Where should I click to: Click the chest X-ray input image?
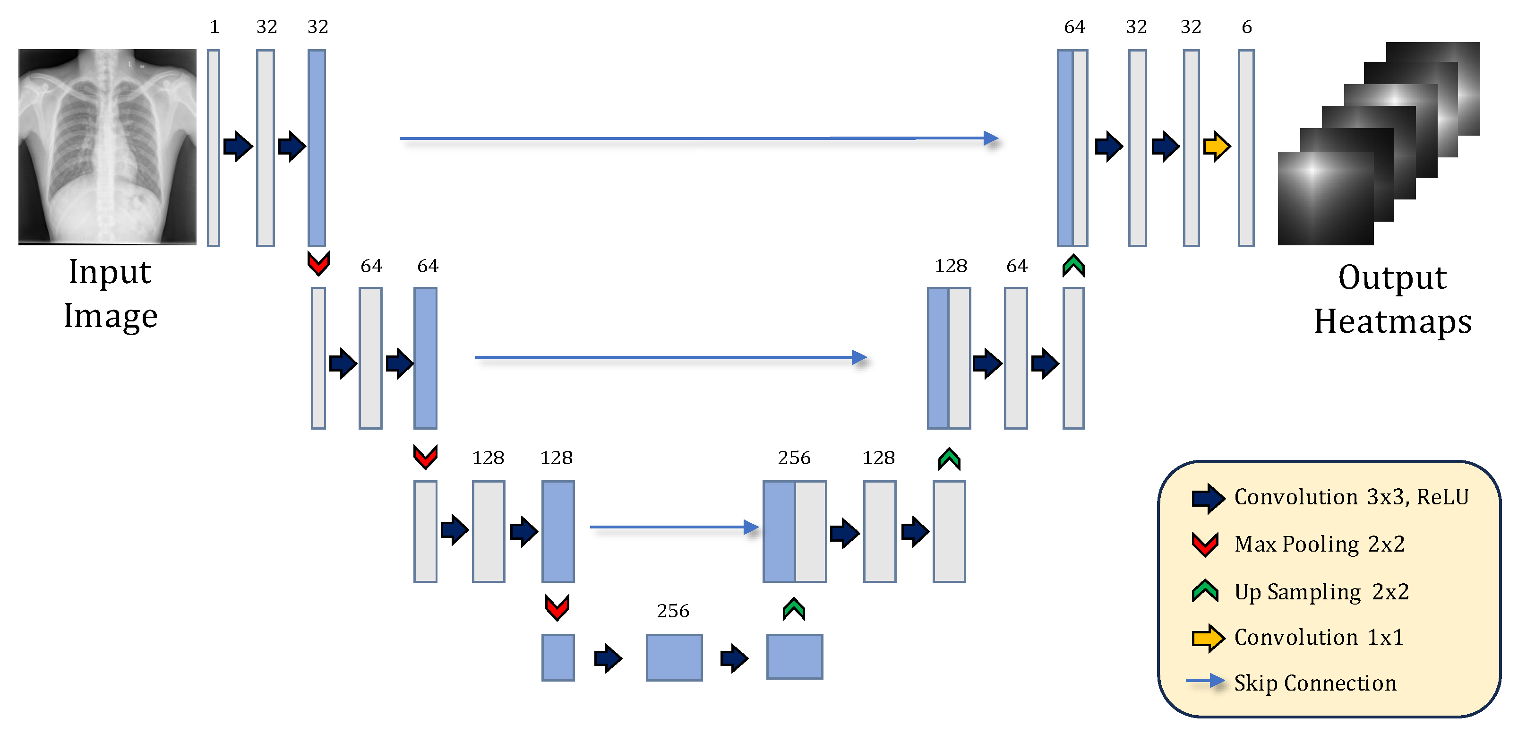click(107, 146)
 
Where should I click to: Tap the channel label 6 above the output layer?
click(1246, 27)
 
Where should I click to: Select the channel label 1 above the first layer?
click(214, 27)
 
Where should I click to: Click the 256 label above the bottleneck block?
click(673, 611)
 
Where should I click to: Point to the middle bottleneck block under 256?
click(674, 657)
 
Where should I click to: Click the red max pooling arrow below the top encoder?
click(319, 263)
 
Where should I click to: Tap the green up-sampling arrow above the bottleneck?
click(794, 609)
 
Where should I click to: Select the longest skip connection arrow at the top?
click(698, 138)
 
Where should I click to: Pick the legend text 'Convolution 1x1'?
click(1319, 638)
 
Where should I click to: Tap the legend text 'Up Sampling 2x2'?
click(1321, 592)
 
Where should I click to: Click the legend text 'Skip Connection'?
click(1315, 683)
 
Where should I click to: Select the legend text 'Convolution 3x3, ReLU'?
click(1351, 497)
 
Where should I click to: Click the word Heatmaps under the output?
click(1392, 322)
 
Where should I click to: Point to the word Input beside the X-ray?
click(110, 272)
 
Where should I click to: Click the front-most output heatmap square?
click(1325, 199)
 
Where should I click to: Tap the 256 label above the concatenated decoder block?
click(794, 458)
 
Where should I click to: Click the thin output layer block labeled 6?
click(1246, 147)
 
